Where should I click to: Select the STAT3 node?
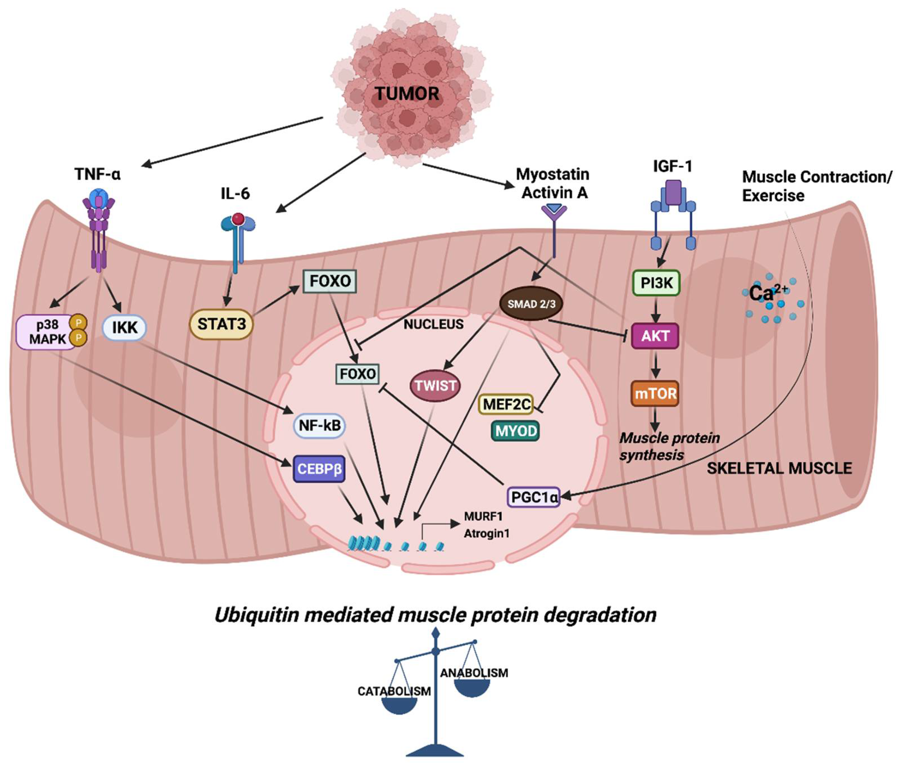pyautogui.click(x=221, y=324)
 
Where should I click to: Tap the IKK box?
pyautogui.click(x=124, y=327)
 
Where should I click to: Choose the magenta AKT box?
pyautogui.click(x=655, y=336)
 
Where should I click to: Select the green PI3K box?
pyautogui.click(x=656, y=283)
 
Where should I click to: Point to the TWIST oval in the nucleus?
pyautogui.click(x=435, y=385)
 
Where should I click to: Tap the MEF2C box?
pyautogui.click(x=506, y=404)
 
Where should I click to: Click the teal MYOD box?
pyautogui.click(x=516, y=431)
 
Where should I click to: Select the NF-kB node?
pyautogui.click(x=320, y=425)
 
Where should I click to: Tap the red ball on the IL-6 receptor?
pyautogui.click(x=238, y=219)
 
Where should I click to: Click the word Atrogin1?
pyautogui.click(x=486, y=534)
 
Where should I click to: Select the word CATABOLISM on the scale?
pyautogui.click(x=394, y=692)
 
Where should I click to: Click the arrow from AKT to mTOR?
pyautogui.click(x=656, y=366)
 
